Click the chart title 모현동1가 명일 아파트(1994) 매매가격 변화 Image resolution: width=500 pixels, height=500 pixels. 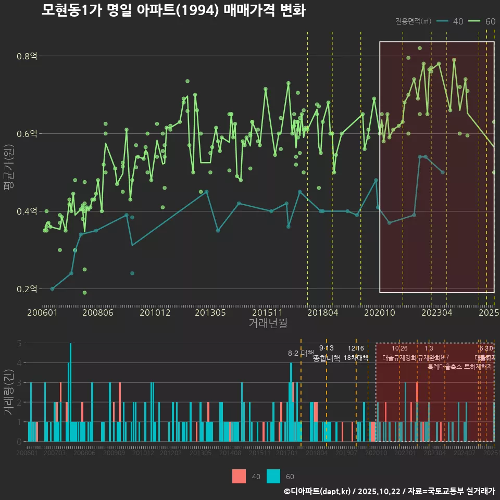tap(173, 10)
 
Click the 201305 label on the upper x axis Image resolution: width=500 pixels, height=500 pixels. tap(210, 312)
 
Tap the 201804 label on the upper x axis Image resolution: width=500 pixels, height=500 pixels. tap(323, 312)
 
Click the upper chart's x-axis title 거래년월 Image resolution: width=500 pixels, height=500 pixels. tap(268, 323)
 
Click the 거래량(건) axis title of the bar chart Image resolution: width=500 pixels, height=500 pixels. tap(9, 392)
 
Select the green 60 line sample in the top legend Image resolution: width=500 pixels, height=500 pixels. tap(474, 21)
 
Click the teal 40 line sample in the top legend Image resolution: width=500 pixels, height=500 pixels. tap(443, 21)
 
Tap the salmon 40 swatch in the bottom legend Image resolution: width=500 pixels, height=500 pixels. tap(239, 476)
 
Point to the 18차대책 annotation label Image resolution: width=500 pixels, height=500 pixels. tap(356, 358)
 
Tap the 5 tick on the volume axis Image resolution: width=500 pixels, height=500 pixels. tap(19, 343)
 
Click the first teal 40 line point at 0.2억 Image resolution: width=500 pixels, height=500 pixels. tap(52, 289)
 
